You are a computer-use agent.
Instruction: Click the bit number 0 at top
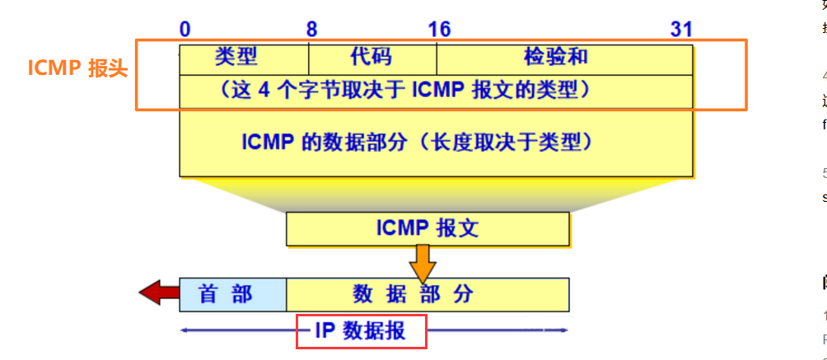185,30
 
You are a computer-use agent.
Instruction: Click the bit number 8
311,30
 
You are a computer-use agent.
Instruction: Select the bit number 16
439,30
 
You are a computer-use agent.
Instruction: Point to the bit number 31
681,30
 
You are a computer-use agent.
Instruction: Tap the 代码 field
371,57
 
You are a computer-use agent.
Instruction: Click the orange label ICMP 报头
78,68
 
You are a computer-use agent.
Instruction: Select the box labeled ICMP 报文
427,228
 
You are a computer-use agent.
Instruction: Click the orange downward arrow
423,264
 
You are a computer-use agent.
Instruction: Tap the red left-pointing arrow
158,292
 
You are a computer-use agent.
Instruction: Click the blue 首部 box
232,294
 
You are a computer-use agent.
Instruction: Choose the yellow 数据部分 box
427,294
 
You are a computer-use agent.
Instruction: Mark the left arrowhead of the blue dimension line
184,331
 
